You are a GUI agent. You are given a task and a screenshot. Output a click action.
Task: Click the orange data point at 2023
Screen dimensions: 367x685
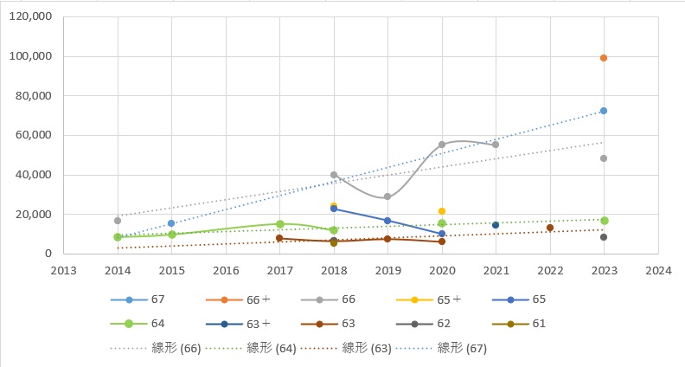click(604, 58)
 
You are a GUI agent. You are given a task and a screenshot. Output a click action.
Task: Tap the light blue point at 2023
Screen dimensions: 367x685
click(604, 111)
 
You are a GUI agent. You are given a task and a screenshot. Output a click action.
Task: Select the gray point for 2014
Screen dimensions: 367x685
click(118, 221)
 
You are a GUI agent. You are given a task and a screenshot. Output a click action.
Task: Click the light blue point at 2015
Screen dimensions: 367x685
click(171, 223)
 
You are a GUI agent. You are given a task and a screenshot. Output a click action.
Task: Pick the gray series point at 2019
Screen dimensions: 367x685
click(387, 197)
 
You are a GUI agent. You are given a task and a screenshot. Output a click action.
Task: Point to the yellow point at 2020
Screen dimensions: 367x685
click(442, 211)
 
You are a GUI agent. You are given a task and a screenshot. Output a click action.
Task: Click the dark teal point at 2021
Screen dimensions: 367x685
click(496, 225)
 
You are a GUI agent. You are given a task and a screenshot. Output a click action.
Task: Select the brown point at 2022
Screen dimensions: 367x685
click(550, 228)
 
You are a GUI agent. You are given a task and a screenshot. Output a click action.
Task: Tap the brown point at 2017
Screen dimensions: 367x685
click(279, 238)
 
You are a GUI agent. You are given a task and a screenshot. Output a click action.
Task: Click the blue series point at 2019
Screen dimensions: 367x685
click(387, 221)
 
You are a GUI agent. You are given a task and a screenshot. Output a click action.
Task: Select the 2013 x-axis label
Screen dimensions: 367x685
click(63, 269)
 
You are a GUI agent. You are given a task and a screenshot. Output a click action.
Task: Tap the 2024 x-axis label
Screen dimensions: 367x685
click(658, 269)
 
